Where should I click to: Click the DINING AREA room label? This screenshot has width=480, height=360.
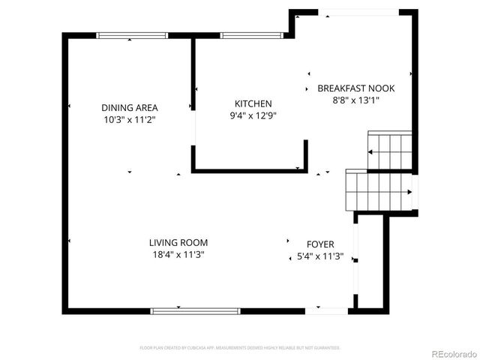pyautogui.click(x=130, y=107)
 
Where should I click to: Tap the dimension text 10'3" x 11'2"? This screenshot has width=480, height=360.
pyautogui.click(x=130, y=119)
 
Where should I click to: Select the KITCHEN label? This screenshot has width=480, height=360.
pyautogui.click(x=253, y=103)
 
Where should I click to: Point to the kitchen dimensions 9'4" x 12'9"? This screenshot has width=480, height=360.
pyautogui.click(x=253, y=115)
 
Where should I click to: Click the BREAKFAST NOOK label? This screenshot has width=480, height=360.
pyautogui.click(x=356, y=88)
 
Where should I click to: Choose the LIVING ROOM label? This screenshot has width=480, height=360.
pyautogui.click(x=178, y=242)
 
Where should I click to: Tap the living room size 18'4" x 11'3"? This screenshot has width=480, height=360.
pyautogui.click(x=178, y=254)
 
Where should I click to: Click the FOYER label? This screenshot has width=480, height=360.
pyautogui.click(x=320, y=244)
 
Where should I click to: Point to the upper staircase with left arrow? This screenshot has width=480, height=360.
pyautogui.click(x=390, y=151)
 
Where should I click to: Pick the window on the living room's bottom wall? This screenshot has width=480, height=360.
pyautogui.click(x=195, y=310)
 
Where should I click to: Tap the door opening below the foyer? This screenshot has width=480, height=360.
pyautogui.click(x=326, y=310)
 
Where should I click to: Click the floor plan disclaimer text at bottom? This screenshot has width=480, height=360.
pyautogui.click(x=240, y=348)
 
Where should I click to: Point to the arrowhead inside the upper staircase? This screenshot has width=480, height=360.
pyautogui.click(x=370, y=152)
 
